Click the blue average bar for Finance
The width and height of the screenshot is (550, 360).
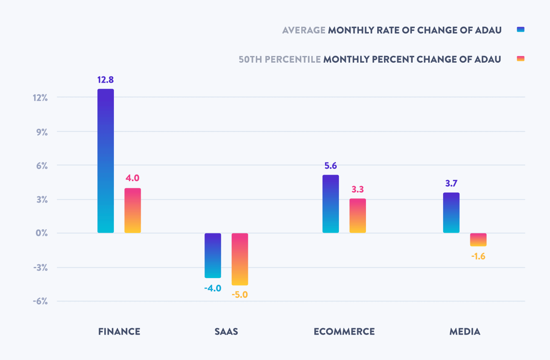pos(106,161)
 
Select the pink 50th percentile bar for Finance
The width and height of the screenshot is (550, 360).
pos(133,210)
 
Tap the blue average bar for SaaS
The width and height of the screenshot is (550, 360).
pos(213,255)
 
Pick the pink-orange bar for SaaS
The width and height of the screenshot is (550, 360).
pos(240,259)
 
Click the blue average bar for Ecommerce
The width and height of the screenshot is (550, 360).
pos(331,204)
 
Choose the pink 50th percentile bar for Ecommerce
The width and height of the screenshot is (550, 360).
pos(358,215)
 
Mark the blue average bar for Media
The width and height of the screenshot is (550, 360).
pos(451,213)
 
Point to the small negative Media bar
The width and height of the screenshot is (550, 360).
pos(478,240)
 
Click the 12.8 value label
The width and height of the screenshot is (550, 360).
pos(106,80)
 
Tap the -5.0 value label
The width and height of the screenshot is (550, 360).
pos(240,294)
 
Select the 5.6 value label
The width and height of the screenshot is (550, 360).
pos(331,166)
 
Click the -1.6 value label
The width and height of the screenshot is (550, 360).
pos(478,256)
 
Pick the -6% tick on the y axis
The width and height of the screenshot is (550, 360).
pos(40,301)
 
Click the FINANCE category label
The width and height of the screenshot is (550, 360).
pos(119,332)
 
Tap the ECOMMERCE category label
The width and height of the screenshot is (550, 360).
pos(344,332)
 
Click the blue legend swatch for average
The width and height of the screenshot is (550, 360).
pos(520,30)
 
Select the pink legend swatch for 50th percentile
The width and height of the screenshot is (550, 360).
pos(520,59)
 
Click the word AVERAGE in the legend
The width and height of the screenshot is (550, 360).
pos(304,30)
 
